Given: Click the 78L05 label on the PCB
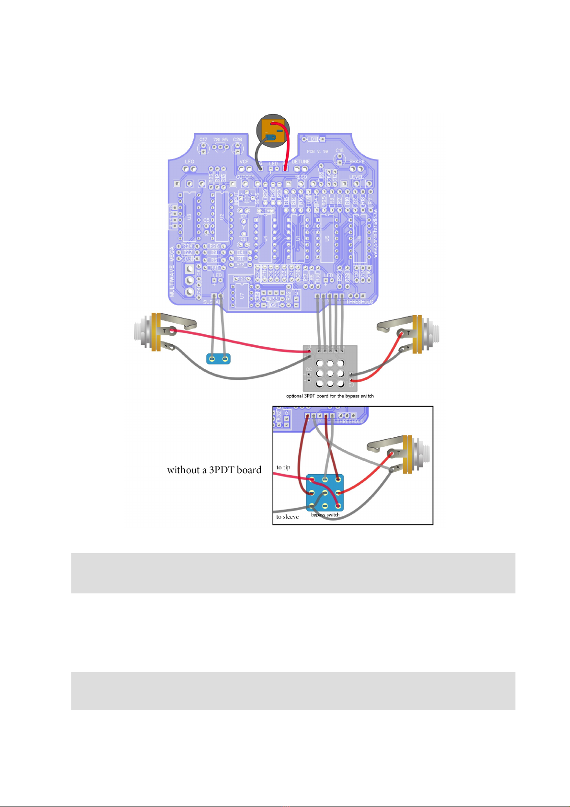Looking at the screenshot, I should tap(220, 139).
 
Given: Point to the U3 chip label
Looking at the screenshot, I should tap(190, 217).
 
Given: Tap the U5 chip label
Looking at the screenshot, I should tap(327, 239).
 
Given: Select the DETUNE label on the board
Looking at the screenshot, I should tap(301, 162).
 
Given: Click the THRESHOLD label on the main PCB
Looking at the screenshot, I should tap(359, 302).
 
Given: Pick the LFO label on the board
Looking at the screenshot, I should tap(190, 162).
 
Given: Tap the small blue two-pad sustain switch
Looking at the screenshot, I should tap(218, 358).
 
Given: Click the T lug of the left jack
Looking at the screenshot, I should tap(166, 330).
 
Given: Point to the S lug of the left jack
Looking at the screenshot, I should tap(166, 345).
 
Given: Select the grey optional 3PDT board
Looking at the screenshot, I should tap(330, 368).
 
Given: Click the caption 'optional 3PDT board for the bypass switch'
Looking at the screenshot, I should tap(330, 396).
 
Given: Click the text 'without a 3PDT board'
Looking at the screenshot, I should tap(214, 470).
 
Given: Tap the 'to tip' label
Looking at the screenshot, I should tap(283, 467).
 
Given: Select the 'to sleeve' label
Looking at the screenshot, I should tap(287, 517).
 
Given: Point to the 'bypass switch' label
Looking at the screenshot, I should tap(325, 515).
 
